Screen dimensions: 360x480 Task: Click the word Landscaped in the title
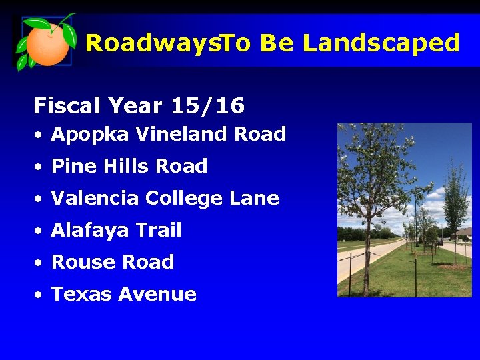381,43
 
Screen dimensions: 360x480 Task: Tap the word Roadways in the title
152,43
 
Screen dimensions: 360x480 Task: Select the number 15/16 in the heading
207,105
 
